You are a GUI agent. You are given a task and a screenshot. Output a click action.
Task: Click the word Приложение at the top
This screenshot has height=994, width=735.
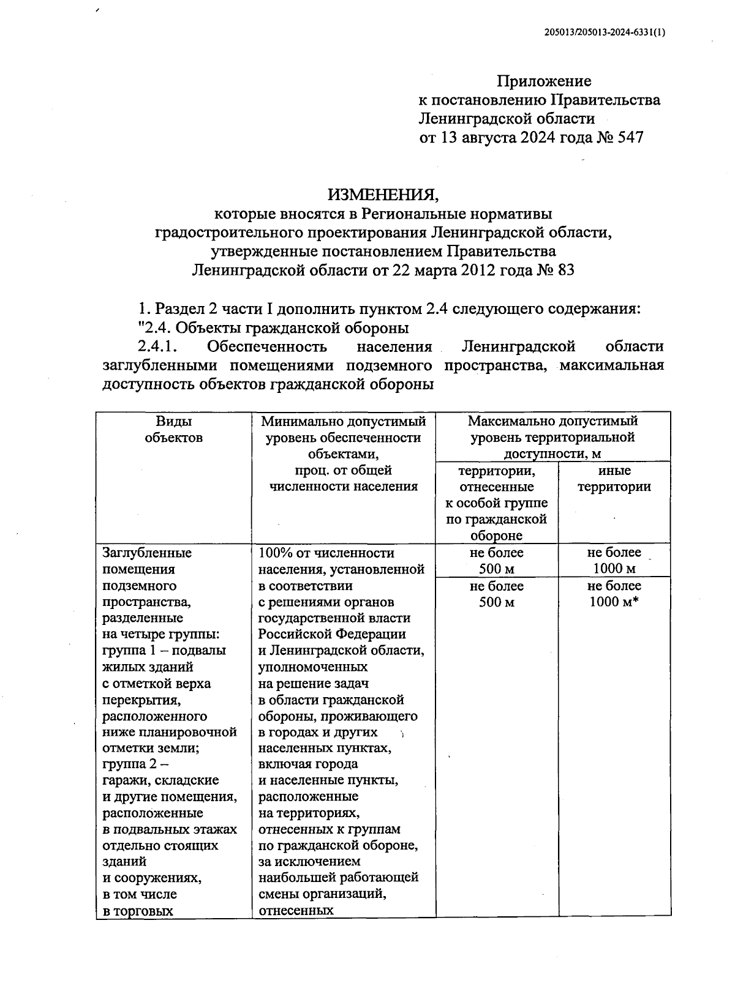[x=544, y=81]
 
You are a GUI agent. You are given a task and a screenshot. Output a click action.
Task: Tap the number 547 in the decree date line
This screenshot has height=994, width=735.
[x=626, y=137]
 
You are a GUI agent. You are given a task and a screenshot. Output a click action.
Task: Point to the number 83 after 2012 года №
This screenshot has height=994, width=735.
[x=566, y=270]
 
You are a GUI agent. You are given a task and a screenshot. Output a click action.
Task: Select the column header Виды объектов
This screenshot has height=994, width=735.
[x=173, y=429]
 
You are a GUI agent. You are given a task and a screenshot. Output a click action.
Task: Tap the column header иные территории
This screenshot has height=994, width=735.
[x=614, y=479]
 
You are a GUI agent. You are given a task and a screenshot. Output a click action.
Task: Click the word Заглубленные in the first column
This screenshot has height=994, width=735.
[x=147, y=553]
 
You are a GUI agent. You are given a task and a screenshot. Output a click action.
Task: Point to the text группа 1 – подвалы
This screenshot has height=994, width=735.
[x=164, y=651]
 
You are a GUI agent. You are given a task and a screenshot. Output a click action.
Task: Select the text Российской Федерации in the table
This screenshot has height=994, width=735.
[x=332, y=634]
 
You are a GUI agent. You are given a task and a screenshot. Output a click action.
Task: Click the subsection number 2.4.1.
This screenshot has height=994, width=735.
[x=157, y=346]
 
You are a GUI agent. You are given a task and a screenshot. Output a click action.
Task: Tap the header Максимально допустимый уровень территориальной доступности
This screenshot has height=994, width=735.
[x=552, y=437]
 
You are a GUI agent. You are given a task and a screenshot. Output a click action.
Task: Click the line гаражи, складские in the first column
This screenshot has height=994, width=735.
[x=160, y=780]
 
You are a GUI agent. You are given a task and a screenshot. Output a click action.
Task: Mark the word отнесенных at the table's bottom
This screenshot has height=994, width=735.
[x=296, y=910]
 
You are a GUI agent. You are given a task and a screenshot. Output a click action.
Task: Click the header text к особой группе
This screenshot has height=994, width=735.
[x=496, y=503]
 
